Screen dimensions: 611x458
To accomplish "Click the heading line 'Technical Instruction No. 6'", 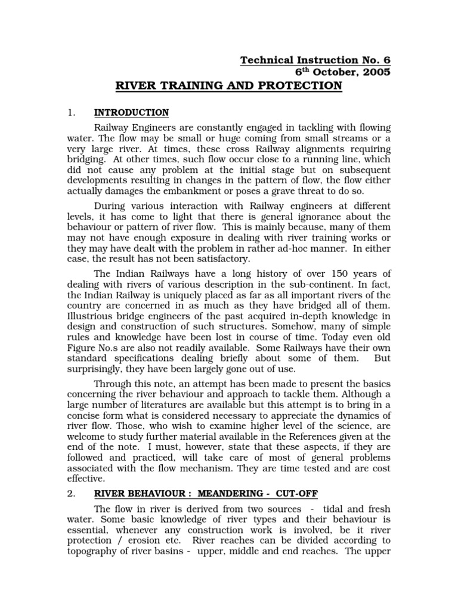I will [315, 60].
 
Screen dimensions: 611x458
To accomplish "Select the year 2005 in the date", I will [376, 72].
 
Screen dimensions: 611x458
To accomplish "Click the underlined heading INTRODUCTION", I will [131, 113].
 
